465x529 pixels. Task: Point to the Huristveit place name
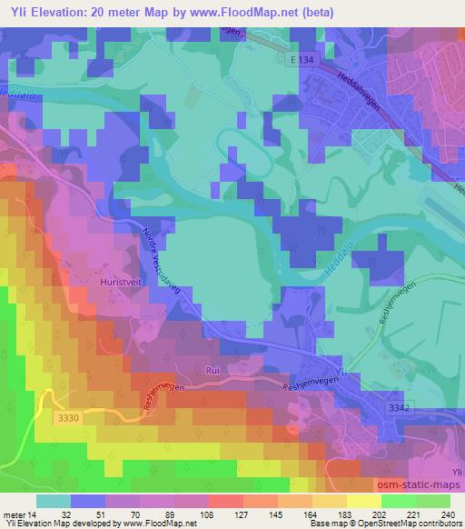[117, 283]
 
